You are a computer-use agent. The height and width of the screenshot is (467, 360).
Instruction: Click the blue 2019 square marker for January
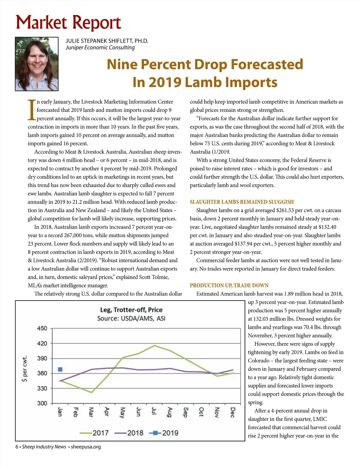(x=60, y=369)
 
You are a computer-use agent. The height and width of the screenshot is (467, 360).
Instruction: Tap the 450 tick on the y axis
(x=42, y=328)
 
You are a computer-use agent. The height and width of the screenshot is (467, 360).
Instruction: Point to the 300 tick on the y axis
(x=42, y=403)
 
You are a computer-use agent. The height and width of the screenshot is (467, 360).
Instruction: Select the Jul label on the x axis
(x=154, y=411)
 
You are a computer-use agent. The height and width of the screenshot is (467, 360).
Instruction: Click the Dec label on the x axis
(x=232, y=412)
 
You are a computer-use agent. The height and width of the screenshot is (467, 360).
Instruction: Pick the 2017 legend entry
(x=94, y=433)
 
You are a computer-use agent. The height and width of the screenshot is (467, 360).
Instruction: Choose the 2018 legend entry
(x=129, y=433)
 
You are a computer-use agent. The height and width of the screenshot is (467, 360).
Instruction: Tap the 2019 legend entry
(x=164, y=433)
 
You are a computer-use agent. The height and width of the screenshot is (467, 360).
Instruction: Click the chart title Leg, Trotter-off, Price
(x=131, y=310)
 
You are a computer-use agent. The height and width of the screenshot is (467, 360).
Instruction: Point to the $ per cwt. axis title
(x=25, y=368)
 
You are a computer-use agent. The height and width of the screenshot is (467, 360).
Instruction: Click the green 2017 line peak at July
(x=154, y=346)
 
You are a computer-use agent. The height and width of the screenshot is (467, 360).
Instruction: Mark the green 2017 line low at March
(x=91, y=392)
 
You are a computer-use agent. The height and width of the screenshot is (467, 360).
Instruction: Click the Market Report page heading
(x=68, y=23)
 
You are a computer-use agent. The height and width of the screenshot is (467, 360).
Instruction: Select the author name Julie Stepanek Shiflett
(x=107, y=41)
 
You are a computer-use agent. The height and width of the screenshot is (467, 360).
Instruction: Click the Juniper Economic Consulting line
(x=100, y=48)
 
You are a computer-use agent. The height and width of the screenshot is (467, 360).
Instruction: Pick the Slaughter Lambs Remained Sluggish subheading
(x=242, y=202)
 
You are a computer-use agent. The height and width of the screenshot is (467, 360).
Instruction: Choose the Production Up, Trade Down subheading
(x=229, y=285)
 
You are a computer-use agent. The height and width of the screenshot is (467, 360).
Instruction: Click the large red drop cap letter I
(x=31, y=110)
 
